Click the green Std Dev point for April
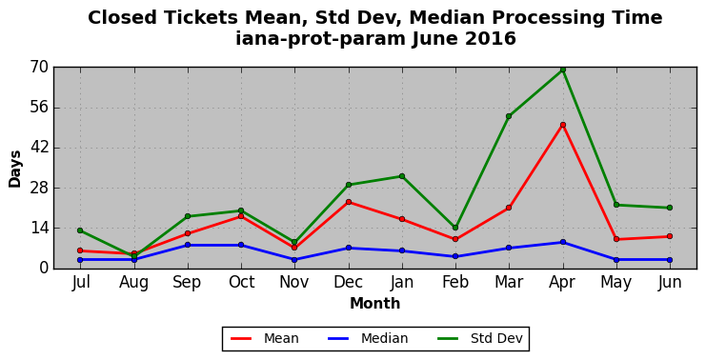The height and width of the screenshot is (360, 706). [563, 70]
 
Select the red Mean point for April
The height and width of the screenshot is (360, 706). [563, 125]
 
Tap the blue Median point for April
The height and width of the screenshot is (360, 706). [563, 242]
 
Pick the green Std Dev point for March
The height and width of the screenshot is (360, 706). [509, 116]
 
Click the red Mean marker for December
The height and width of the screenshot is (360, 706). [349, 202]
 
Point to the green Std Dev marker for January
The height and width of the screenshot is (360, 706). [402, 176]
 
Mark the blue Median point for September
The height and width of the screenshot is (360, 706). [188, 245]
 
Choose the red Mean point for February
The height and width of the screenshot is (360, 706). [455, 239]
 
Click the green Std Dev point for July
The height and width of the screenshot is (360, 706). [80, 230]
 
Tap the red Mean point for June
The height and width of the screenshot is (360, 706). [670, 236]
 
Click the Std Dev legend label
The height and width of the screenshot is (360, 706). [496, 338]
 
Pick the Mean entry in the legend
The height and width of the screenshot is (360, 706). [264, 338]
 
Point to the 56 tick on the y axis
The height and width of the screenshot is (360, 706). [39, 108]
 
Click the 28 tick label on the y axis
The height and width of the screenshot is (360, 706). [39, 189]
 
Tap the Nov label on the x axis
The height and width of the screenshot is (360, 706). [294, 282]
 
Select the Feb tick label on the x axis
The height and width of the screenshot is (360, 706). [455, 282]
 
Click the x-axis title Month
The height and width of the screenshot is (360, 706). [375, 304]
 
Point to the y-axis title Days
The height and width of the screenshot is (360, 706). [15, 170]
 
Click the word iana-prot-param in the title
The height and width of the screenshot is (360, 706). [320, 39]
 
